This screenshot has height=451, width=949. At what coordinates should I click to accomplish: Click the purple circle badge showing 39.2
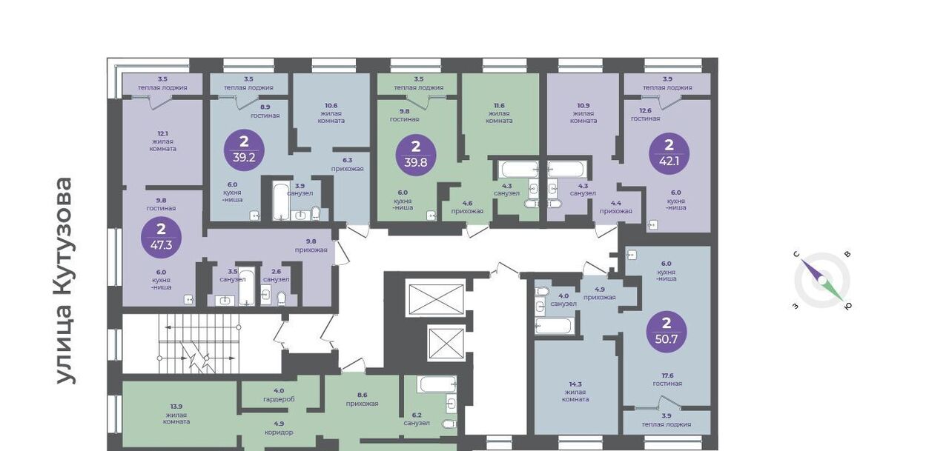(244, 150)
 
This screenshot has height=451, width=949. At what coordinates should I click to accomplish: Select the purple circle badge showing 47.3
(161, 238)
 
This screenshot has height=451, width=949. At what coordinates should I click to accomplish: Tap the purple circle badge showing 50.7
(667, 332)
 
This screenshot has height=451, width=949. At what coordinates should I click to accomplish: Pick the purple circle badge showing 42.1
(669, 153)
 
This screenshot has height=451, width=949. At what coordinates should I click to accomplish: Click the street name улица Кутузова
(66, 281)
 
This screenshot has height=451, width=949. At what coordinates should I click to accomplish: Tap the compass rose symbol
(822, 281)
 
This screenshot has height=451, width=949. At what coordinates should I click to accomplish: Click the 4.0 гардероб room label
(279, 395)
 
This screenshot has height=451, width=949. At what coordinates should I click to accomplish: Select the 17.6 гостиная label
(667, 379)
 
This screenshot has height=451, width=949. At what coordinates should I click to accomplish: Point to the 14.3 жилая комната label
(575, 392)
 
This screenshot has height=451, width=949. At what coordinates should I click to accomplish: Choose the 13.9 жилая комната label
(176, 414)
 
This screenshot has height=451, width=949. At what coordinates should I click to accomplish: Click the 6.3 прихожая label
(348, 164)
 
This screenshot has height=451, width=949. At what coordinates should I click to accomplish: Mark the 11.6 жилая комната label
(499, 113)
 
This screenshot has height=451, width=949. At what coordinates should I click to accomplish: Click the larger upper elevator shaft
(434, 297)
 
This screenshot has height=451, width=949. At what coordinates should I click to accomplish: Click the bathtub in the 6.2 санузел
(437, 384)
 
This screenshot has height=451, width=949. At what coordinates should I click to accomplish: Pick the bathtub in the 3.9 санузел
(280, 201)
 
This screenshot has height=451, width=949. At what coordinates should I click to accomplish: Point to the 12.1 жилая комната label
(163, 141)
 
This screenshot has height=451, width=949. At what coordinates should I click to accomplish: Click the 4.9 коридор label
(279, 428)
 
